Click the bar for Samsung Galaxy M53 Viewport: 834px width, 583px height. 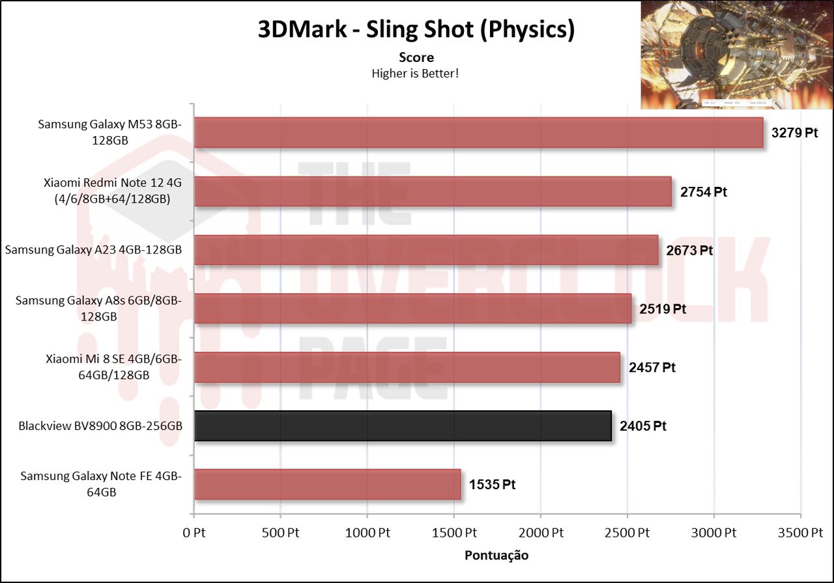click(x=478, y=133)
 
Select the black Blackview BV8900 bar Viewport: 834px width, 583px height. click(x=403, y=426)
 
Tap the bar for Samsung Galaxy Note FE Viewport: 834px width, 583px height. click(x=327, y=485)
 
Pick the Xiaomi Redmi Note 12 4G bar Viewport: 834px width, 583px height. click(x=433, y=192)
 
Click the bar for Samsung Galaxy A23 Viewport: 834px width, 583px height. click(x=426, y=250)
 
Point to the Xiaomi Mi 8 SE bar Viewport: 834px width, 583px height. click(x=407, y=367)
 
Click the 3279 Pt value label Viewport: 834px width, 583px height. click(x=794, y=133)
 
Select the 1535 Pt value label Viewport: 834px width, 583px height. click(x=493, y=485)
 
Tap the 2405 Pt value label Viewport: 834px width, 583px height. click(x=643, y=426)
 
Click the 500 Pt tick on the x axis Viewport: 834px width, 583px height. click(x=280, y=533)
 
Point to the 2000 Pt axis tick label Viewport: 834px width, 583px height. click(x=540, y=533)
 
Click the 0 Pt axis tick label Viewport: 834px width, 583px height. click(x=194, y=533)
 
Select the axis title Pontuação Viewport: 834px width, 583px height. click(x=496, y=556)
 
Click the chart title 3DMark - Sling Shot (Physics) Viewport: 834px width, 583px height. click(x=416, y=30)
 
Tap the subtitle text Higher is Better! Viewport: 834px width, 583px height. click(x=415, y=73)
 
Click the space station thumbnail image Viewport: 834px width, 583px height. click(x=736, y=55)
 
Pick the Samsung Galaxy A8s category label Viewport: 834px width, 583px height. click(x=98, y=308)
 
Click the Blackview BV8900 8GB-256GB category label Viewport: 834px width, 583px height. click(x=100, y=426)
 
